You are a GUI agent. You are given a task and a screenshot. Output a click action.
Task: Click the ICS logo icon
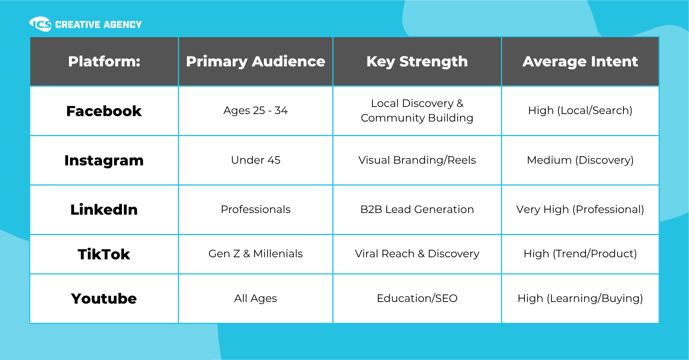point(40,24)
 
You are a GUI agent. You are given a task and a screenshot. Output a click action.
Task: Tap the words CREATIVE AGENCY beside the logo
point(99,25)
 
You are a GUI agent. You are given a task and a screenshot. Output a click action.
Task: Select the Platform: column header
point(104,61)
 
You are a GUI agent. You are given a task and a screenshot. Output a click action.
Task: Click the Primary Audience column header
point(256,61)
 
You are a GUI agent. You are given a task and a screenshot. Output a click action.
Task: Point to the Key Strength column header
point(417,61)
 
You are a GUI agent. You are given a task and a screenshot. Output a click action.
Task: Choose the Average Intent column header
point(580,61)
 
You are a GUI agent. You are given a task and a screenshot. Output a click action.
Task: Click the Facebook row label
point(104,111)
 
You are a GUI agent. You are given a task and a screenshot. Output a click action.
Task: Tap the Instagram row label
point(104,161)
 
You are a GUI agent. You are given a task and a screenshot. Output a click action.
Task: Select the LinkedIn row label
point(104,210)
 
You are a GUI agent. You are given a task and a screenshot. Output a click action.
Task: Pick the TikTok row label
point(104,254)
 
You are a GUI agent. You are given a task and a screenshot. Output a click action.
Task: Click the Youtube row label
point(104,299)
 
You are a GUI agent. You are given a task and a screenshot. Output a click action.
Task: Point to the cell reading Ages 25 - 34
point(256,110)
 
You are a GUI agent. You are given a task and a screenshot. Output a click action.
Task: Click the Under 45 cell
point(256,160)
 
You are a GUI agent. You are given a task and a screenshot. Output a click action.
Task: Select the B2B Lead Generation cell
point(417,209)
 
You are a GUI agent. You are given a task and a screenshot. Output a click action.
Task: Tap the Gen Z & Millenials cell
point(256,254)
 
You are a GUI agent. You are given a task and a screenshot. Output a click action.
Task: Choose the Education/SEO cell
point(417,298)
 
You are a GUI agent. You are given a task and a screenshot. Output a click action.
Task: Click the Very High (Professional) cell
point(580,210)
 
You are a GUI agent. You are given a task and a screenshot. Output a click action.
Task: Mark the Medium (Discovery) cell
point(580,160)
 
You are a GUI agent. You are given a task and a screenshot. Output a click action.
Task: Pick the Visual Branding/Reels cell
point(417,160)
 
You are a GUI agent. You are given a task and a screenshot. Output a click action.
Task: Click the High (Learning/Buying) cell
point(580,299)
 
